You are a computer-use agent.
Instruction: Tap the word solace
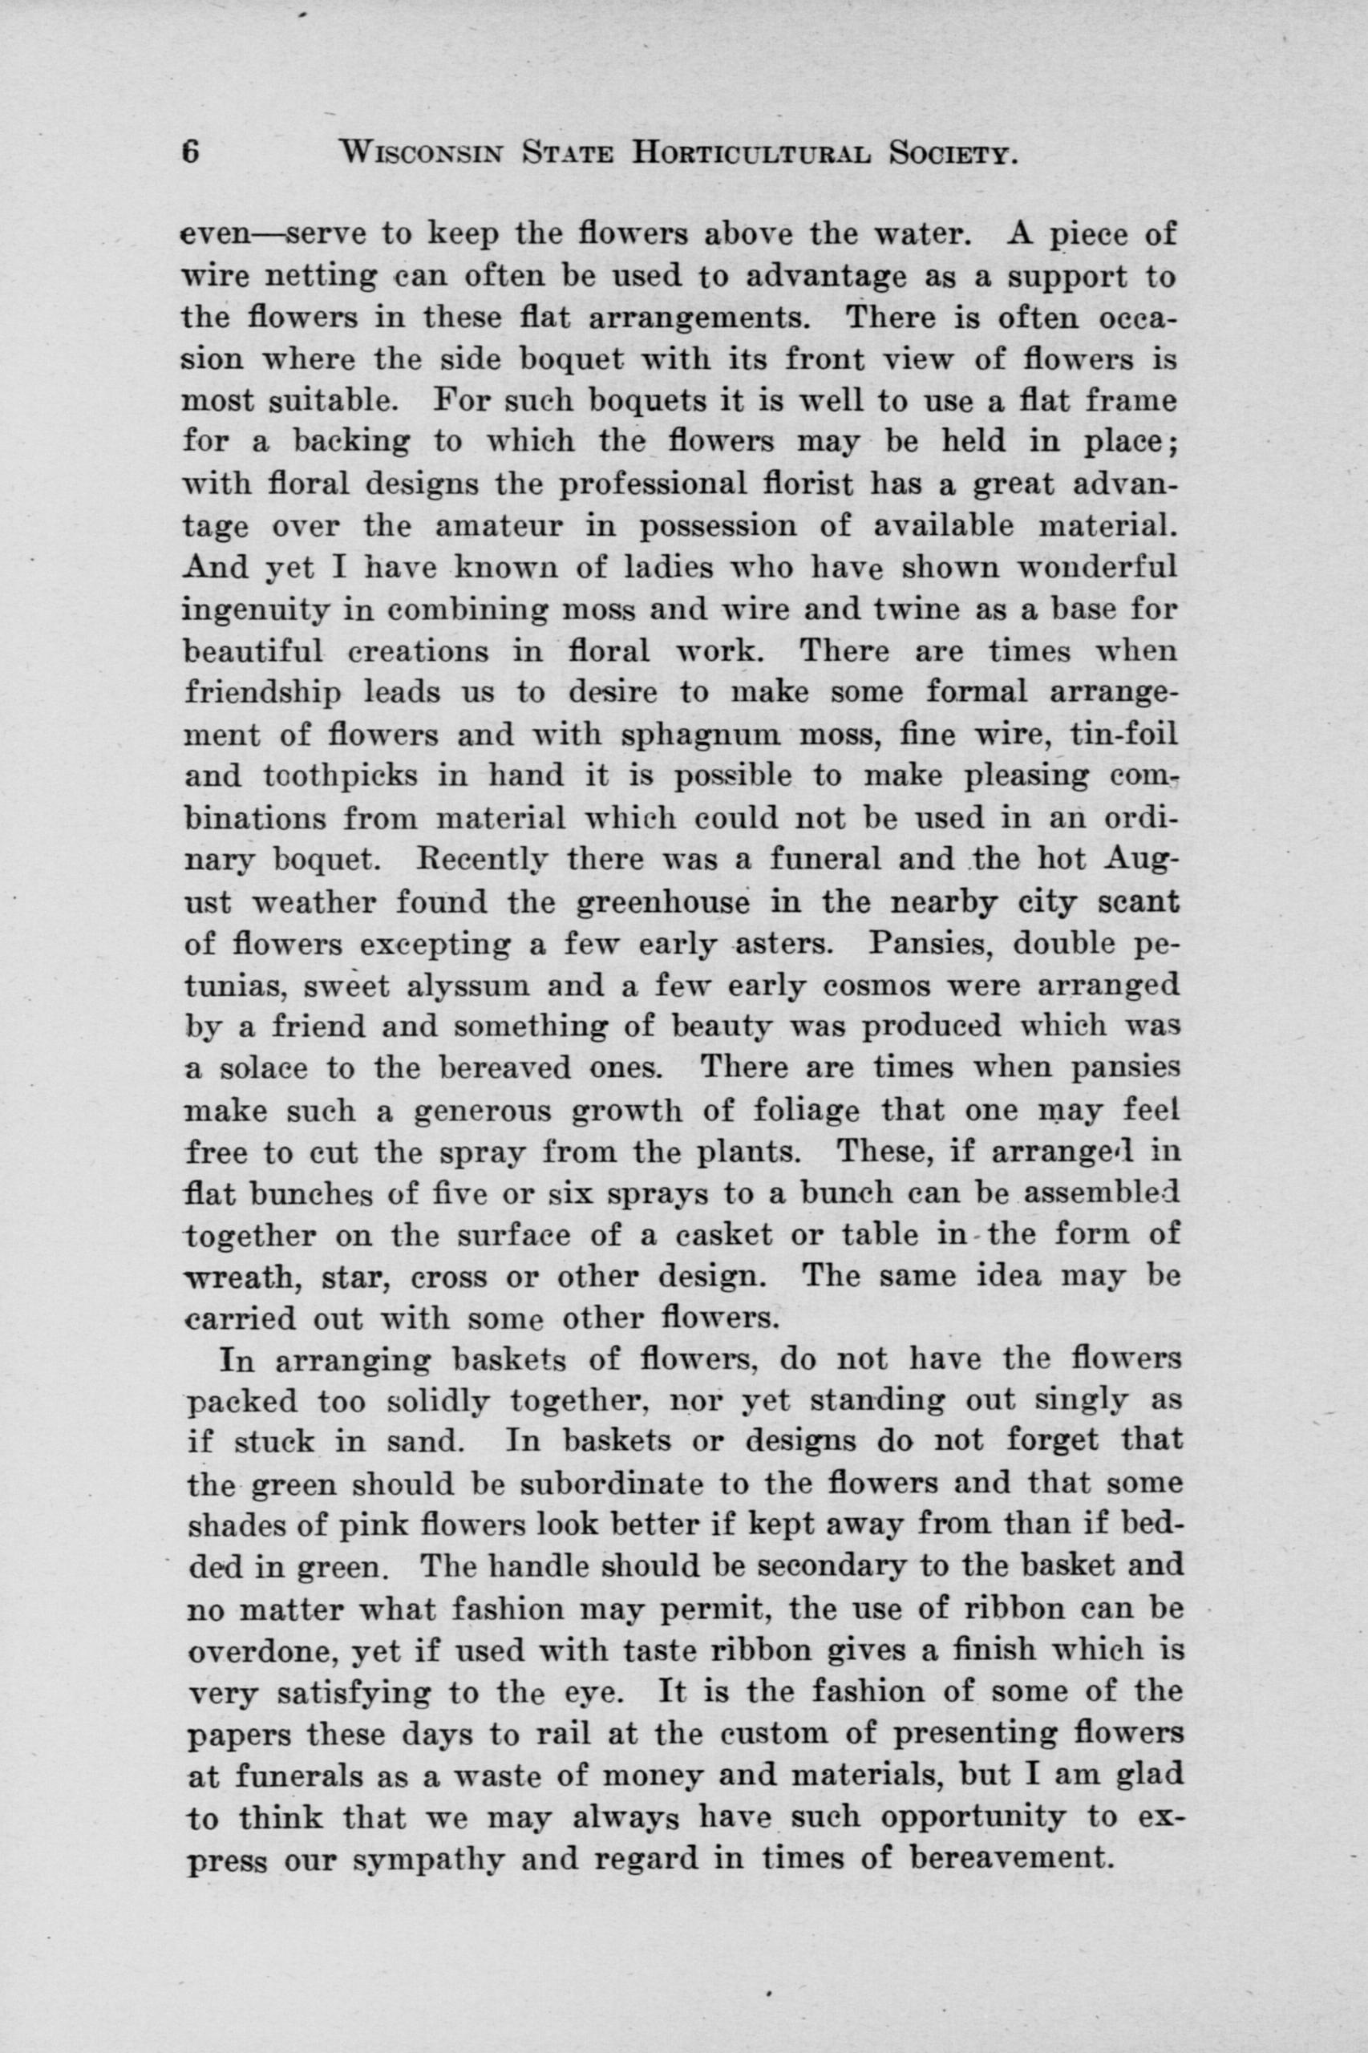[x=264, y=1068]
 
